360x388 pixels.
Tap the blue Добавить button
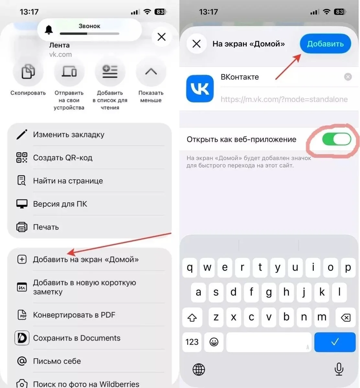(325, 44)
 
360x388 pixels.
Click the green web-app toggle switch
(336, 139)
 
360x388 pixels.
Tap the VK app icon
(200, 89)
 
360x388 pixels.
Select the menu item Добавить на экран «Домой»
(86, 259)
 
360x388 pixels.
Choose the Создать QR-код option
(62, 157)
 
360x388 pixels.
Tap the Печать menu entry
(46, 227)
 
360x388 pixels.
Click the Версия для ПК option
(60, 204)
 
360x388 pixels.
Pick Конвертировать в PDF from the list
(74, 315)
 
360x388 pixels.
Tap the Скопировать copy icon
(28, 71)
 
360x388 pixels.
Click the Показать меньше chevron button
(151, 71)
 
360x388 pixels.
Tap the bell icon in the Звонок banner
(49, 30)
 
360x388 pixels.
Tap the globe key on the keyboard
(198, 370)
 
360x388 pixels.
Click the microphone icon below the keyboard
(339, 369)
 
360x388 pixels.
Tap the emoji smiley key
(214, 342)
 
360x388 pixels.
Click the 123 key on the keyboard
(192, 342)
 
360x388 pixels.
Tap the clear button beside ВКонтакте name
(348, 77)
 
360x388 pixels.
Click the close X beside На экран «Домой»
(197, 44)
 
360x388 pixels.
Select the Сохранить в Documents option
(77, 338)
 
